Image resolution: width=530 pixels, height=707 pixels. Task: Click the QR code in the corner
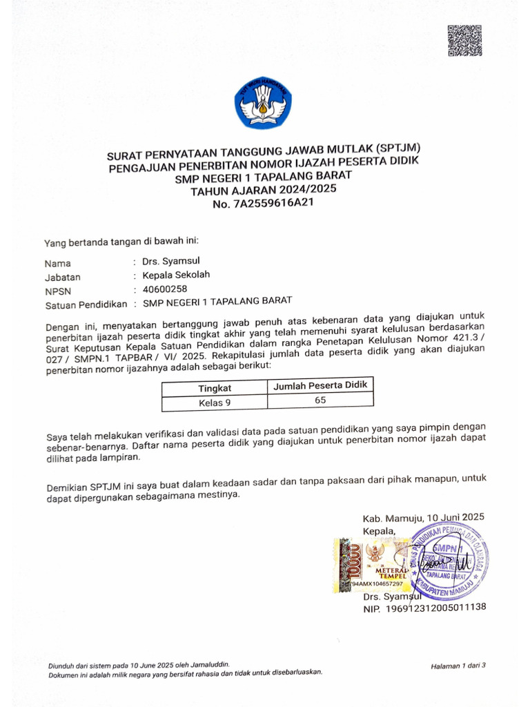[x=464, y=41]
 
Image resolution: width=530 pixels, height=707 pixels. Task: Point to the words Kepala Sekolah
[x=176, y=274]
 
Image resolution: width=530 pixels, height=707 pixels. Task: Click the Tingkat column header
[x=215, y=388]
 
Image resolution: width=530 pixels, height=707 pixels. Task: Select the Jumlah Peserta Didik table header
[x=320, y=385]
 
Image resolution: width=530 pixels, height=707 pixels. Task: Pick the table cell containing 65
[x=320, y=400]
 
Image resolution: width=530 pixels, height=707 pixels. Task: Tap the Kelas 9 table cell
[x=215, y=403]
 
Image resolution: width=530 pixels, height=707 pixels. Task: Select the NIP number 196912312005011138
[x=436, y=608]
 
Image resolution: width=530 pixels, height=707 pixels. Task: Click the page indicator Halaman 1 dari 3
[x=458, y=666]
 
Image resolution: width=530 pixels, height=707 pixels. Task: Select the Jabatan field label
[x=62, y=277]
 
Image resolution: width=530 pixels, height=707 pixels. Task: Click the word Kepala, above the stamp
[x=380, y=531]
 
